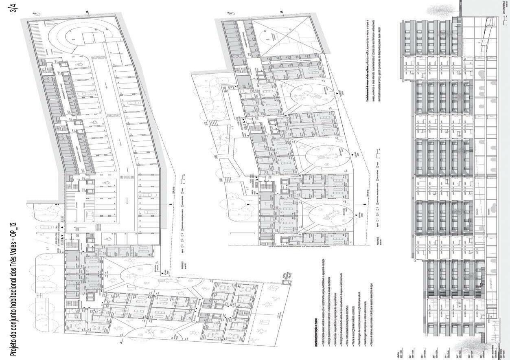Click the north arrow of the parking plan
tap(36, 14)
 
